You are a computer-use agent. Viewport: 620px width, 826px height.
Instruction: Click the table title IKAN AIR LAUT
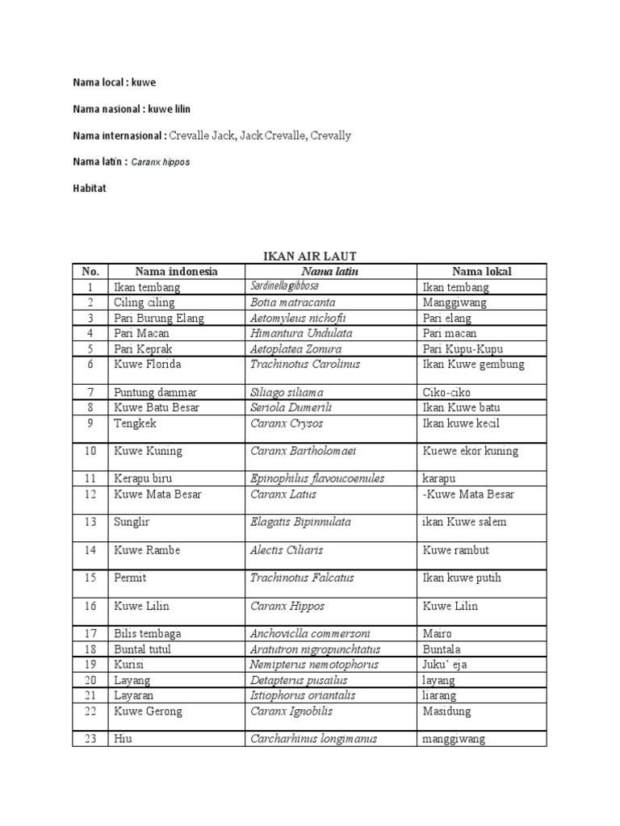[x=310, y=257]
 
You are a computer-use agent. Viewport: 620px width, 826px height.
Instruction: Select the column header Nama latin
[x=329, y=272]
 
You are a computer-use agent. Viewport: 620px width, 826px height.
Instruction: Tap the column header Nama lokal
[x=481, y=272]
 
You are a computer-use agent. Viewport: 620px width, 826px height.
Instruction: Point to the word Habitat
[x=89, y=188]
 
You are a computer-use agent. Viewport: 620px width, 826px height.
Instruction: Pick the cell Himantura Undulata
[x=301, y=333]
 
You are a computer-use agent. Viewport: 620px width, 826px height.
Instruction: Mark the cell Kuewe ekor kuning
[x=471, y=451]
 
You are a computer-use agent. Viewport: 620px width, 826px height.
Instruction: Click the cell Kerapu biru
[x=146, y=478]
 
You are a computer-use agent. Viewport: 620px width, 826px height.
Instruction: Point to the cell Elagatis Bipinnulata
[x=300, y=522]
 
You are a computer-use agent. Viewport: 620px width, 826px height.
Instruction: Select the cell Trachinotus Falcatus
[x=302, y=578]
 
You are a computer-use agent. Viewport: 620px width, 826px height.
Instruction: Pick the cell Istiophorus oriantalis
[x=303, y=695]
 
